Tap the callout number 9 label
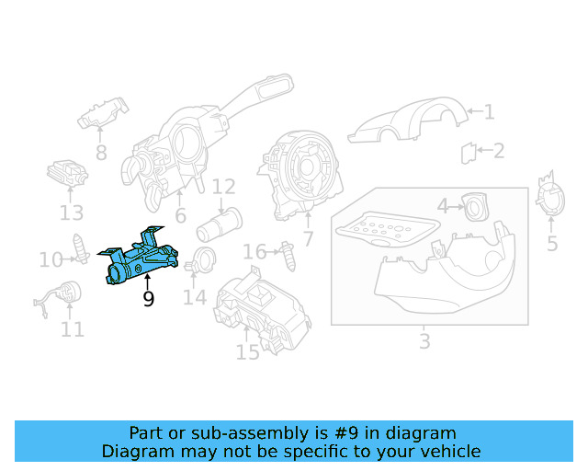148,299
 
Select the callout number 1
489,112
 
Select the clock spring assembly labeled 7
302,170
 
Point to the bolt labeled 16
290,255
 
